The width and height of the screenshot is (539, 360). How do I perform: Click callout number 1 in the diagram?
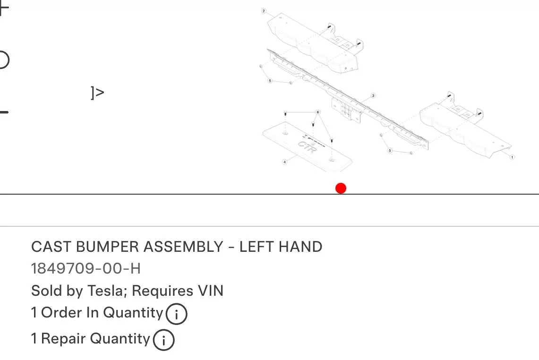pyautogui.click(x=512, y=157)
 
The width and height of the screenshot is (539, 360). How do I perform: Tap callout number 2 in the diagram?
pyautogui.click(x=264, y=11)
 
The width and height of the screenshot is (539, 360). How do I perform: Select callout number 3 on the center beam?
pyautogui.click(x=373, y=95)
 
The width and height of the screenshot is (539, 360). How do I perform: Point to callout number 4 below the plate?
pyautogui.click(x=285, y=162)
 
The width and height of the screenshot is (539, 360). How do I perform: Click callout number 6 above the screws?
pyautogui.click(x=317, y=112)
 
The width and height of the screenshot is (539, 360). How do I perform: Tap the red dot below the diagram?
pyautogui.click(x=341, y=189)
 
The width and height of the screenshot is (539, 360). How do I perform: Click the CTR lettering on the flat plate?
pyautogui.click(x=307, y=147)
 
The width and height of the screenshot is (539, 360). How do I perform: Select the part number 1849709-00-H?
pyautogui.click(x=86, y=268)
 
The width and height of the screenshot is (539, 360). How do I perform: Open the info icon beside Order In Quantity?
pyautogui.click(x=176, y=314)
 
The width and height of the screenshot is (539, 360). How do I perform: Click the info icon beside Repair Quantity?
pyautogui.click(x=163, y=340)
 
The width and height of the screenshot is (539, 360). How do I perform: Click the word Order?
pyautogui.click(x=61, y=313)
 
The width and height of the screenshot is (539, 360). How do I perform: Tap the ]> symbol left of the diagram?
pyautogui.click(x=97, y=93)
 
